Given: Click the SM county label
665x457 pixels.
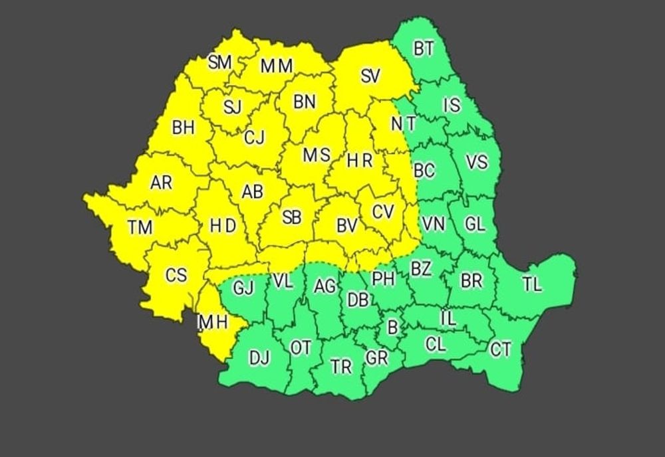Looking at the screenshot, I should [219, 62].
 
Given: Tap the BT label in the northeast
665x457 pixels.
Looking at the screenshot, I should [424, 48].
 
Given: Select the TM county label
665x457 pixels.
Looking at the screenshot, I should [140, 228].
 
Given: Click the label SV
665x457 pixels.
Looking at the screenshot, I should [370, 76].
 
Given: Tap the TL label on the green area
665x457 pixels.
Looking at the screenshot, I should [532, 285].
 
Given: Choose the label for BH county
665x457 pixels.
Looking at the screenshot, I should [183, 128].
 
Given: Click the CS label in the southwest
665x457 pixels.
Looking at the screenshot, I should [176, 274].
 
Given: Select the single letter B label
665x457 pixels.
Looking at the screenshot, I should [392, 327].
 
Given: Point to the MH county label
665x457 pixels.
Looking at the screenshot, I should [213, 323].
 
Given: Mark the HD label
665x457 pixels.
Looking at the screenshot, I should [223, 226].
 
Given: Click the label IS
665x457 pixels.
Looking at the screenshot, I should [452, 105].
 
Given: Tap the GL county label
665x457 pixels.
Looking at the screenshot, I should [475, 225].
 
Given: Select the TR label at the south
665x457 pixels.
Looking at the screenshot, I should [341, 367].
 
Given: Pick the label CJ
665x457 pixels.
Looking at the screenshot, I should [254, 137].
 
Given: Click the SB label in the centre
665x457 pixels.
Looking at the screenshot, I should [291, 217].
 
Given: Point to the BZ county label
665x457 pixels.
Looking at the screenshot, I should [421, 269].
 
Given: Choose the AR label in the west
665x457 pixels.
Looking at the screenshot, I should [161, 182].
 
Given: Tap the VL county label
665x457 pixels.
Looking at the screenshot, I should [283, 282].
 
